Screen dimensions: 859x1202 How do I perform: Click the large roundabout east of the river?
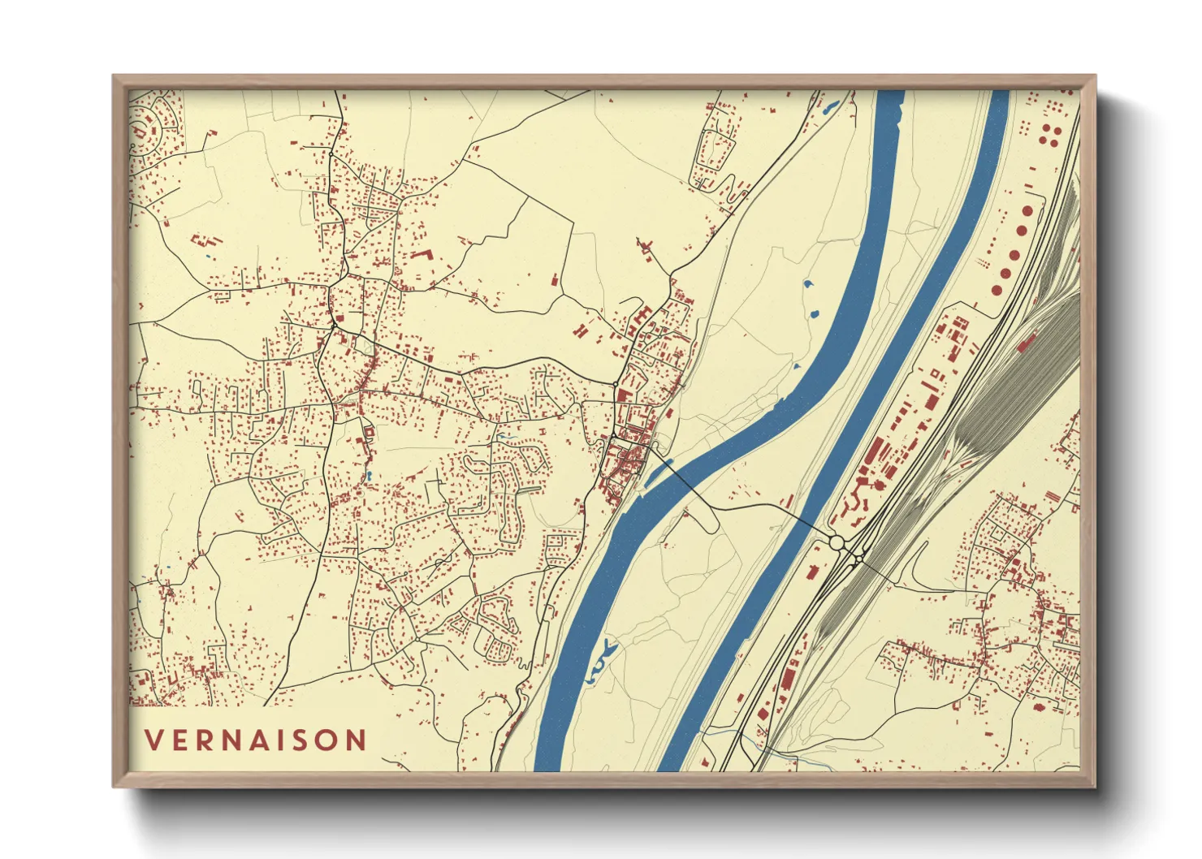tap(837, 542)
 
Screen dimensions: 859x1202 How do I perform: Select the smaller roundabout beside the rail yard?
tap(858, 559)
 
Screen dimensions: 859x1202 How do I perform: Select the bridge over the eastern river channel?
tap(804, 521)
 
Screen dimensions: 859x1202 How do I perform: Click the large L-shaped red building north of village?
tap(421, 255)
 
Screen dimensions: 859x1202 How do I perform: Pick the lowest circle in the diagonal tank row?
tap(997, 290)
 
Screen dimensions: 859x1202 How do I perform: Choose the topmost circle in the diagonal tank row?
tap(1029, 211)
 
